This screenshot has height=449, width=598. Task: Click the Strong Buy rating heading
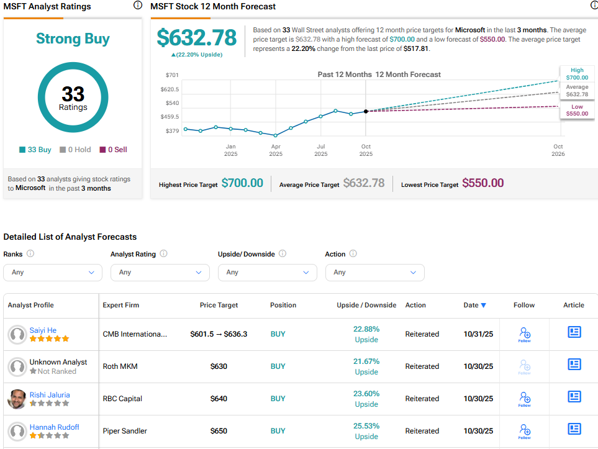tap(73, 39)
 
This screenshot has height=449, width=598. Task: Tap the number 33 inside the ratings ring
tap(73, 94)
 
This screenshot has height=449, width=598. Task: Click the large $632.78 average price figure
tap(196, 38)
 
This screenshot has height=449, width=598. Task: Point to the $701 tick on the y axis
tap(172, 75)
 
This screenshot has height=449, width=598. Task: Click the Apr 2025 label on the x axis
tap(276, 150)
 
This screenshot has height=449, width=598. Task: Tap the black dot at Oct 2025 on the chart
tap(366, 111)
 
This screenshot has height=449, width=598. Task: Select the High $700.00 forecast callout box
tap(577, 74)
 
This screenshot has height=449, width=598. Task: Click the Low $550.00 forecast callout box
tap(577, 111)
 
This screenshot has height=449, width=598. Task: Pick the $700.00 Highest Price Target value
tap(242, 183)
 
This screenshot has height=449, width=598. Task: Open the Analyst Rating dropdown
tap(160, 272)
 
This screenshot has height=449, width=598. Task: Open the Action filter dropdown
tap(374, 272)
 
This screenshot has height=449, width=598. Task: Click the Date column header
tap(474, 305)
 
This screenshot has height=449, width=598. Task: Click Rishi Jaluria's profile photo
tap(17, 399)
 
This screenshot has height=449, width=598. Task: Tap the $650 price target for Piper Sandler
tap(219, 431)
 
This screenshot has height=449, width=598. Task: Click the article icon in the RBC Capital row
tap(574, 397)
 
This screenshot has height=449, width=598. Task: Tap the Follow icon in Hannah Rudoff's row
tap(524, 431)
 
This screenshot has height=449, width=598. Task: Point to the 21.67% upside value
tap(366, 361)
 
